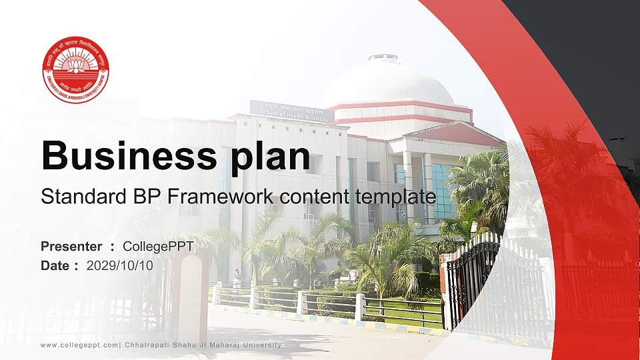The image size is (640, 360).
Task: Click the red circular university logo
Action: pyautogui.click(x=75, y=70)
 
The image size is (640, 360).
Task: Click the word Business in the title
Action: pyautogui.click(x=125, y=156)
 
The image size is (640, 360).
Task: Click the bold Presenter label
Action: pyautogui.click(x=71, y=247)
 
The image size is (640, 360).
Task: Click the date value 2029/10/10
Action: pyautogui.click(x=119, y=265)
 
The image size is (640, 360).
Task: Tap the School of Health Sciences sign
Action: pyautogui.click(x=291, y=111)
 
